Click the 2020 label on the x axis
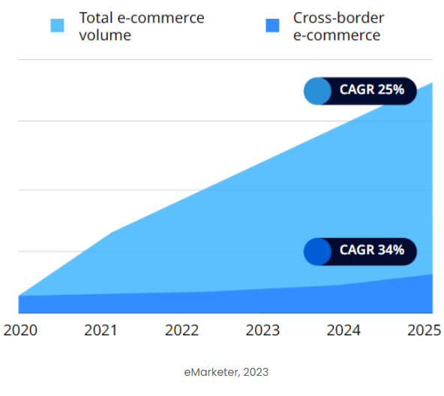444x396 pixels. [x=19, y=330]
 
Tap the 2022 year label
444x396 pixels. [x=181, y=330]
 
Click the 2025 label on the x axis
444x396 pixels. [x=423, y=330]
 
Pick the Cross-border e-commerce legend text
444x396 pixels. [x=336, y=26]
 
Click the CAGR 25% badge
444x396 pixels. [x=359, y=91]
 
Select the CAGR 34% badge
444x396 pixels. [x=359, y=251]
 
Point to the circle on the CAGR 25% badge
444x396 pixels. [x=317, y=91]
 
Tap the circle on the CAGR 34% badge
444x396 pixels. [x=317, y=251]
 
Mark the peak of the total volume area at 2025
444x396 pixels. [x=432, y=83]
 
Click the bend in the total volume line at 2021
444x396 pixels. [x=112, y=232]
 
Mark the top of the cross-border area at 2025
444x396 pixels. [x=432, y=275]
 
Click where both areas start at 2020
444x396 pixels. [x=19, y=296]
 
